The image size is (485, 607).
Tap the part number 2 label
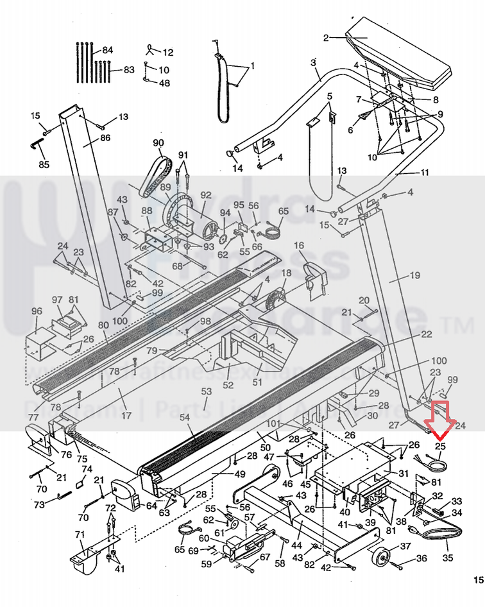coord(326,38)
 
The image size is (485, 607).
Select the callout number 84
coord(107,51)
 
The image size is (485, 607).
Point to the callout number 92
coord(205,195)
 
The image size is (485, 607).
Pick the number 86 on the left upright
coord(105,138)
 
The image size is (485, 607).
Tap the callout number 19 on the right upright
coord(414,275)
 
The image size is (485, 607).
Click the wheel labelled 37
coord(382,558)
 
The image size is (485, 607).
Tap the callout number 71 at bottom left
coord(80,534)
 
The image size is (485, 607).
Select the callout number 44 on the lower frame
coord(296,545)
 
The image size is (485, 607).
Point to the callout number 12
coord(168,53)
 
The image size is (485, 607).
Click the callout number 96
coord(37,312)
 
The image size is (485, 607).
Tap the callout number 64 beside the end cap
coord(151,506)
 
